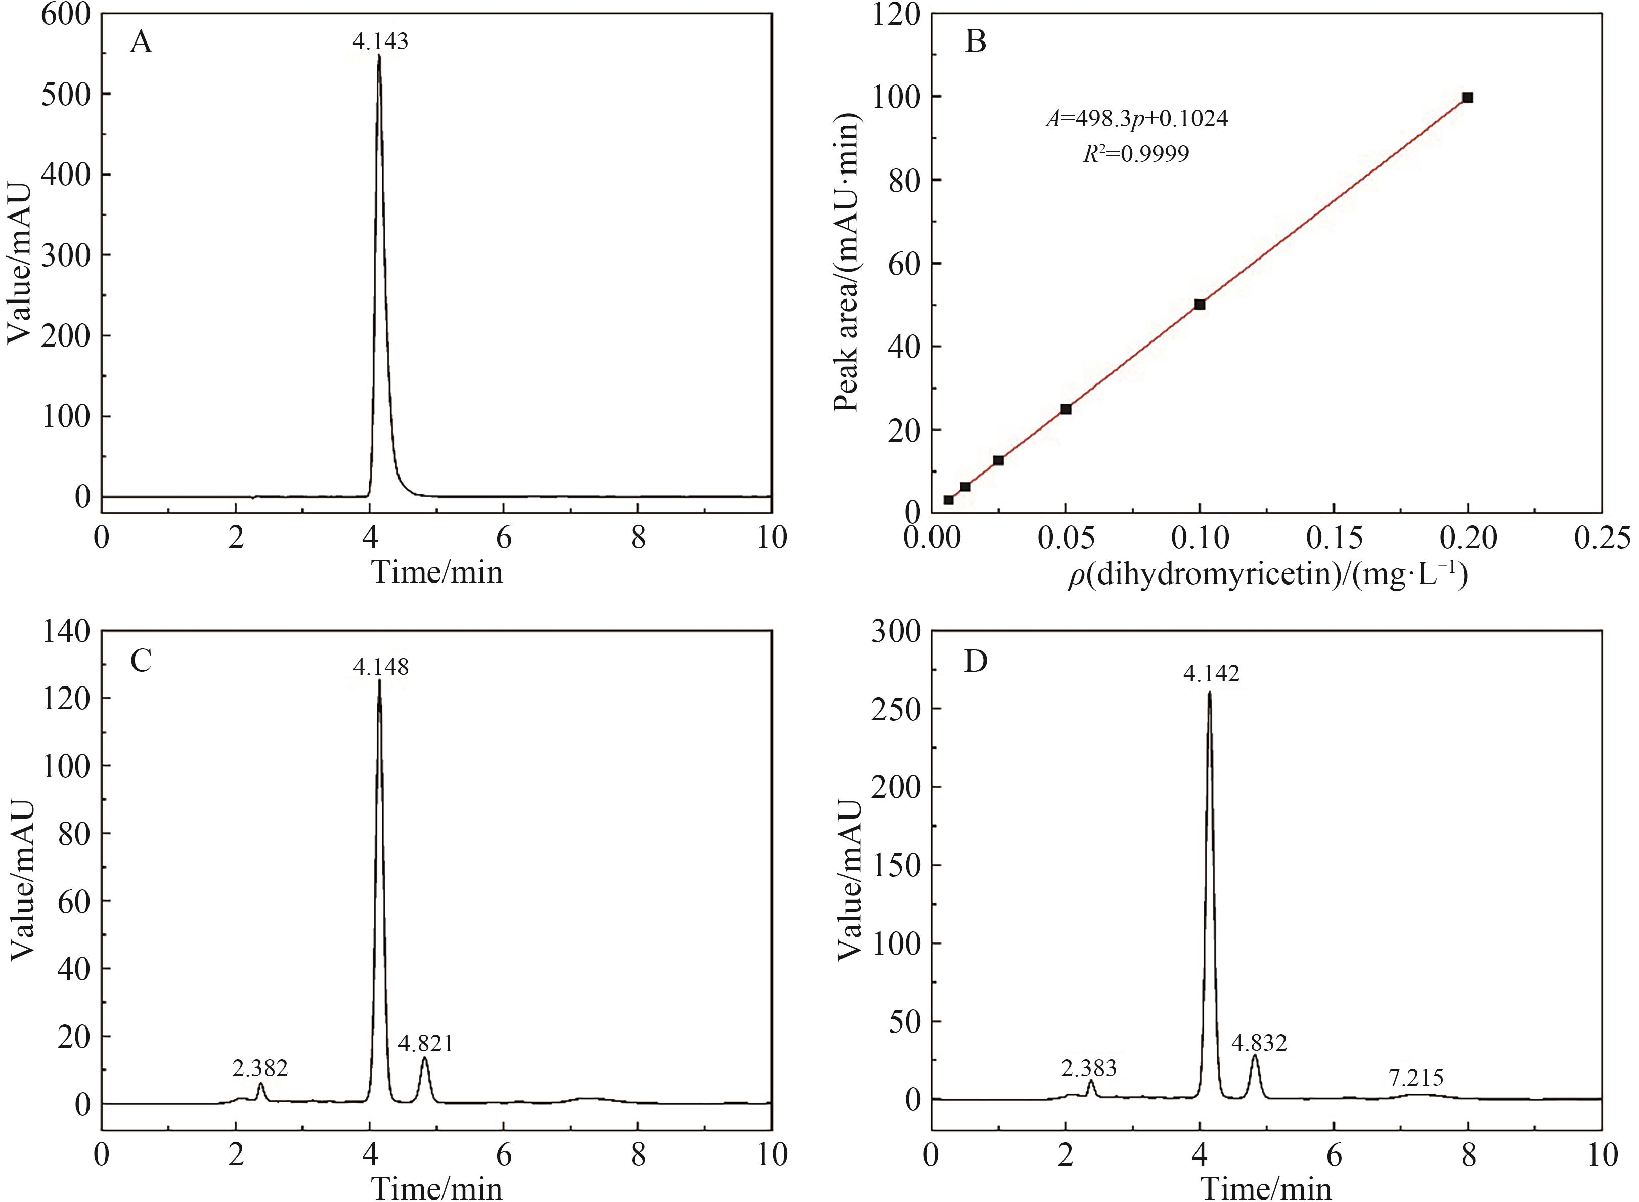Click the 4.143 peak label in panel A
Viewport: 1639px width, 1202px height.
pyautogui.click(x=380, y=41)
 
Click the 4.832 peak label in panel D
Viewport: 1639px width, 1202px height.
pyautogui.click(x=1259, y=1043)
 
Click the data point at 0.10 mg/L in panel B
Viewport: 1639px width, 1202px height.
pyautogui.click(x=1200, y=304)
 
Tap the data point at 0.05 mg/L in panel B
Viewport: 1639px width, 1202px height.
pyautogui.click(x=1066, y=409)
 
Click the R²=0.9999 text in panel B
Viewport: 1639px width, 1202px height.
pyautogui.click(x=1136, y=153)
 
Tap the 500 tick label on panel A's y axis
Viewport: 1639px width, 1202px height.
pyautogui.click(x=65, y=94)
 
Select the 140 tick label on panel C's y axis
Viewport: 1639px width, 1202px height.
pyautogui.click(x=65, y=631)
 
